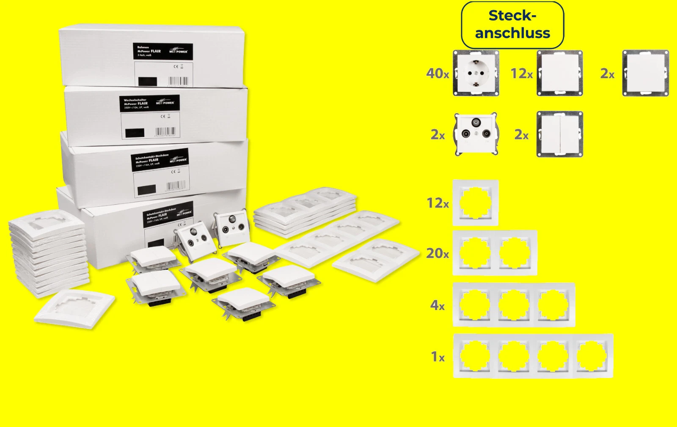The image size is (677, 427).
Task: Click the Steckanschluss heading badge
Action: pyautogui.click(x=512, y=25)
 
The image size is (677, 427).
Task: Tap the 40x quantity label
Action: pyautogui.click(x=438, y=74)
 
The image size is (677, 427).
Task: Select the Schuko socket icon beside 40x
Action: pyautogui.click(x=476, y=73)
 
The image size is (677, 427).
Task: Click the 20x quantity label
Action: pyautogui.click(x=438, y=253)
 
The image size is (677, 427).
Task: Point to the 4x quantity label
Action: pyautogui.click(x=438, y=305)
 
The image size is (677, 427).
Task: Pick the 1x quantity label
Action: pyautogui.click(x=438, y=357)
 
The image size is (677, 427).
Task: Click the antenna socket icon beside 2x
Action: pyautogui.click(x=476, y=134)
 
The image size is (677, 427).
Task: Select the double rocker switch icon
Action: pyautogui.click(x=560, y=134)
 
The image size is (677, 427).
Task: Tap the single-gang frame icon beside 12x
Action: pyautogui.click(x=475, y=203)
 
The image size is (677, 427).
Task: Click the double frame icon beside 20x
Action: pyautogui.click(x=495, y=253)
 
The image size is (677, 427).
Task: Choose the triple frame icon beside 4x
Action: pyautogui.click(x=514, y=304)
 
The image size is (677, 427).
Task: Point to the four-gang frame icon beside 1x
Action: pyautogui.click(x=533, y=356)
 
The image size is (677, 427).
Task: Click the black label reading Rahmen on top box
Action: pyautogui.click(x=163, y=51)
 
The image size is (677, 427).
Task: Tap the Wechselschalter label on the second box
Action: pyautogui.click(x=149, y=103)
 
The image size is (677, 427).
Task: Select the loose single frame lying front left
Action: pyautogui.click(x=74, y=309)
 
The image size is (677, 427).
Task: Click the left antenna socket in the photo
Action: pyautogui.click(x=191, y=239)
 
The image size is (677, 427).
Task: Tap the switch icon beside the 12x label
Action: pyautogui.click(x=560, y=73)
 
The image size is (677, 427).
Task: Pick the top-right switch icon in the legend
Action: pyautogui.click(x=645, y=73)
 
